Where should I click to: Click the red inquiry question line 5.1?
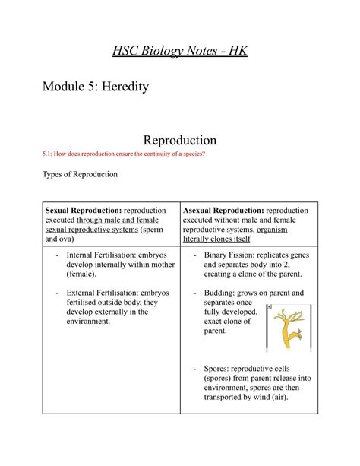tap(124, 154)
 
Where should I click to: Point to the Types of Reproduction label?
tap(80, 174)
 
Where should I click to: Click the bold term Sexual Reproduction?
tap(84, 211)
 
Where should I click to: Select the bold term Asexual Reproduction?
tap(223, 211)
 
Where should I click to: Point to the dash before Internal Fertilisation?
tap(58, 255)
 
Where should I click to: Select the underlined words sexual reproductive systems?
tap(91, 229)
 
